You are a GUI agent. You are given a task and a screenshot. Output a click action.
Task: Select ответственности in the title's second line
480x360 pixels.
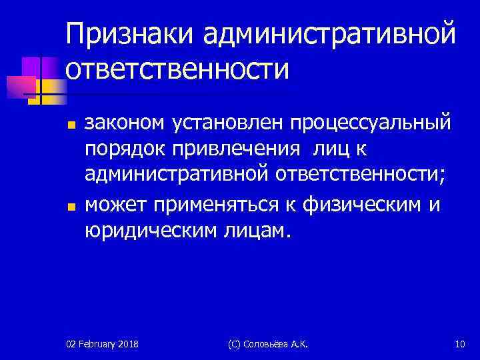coord(178,69)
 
